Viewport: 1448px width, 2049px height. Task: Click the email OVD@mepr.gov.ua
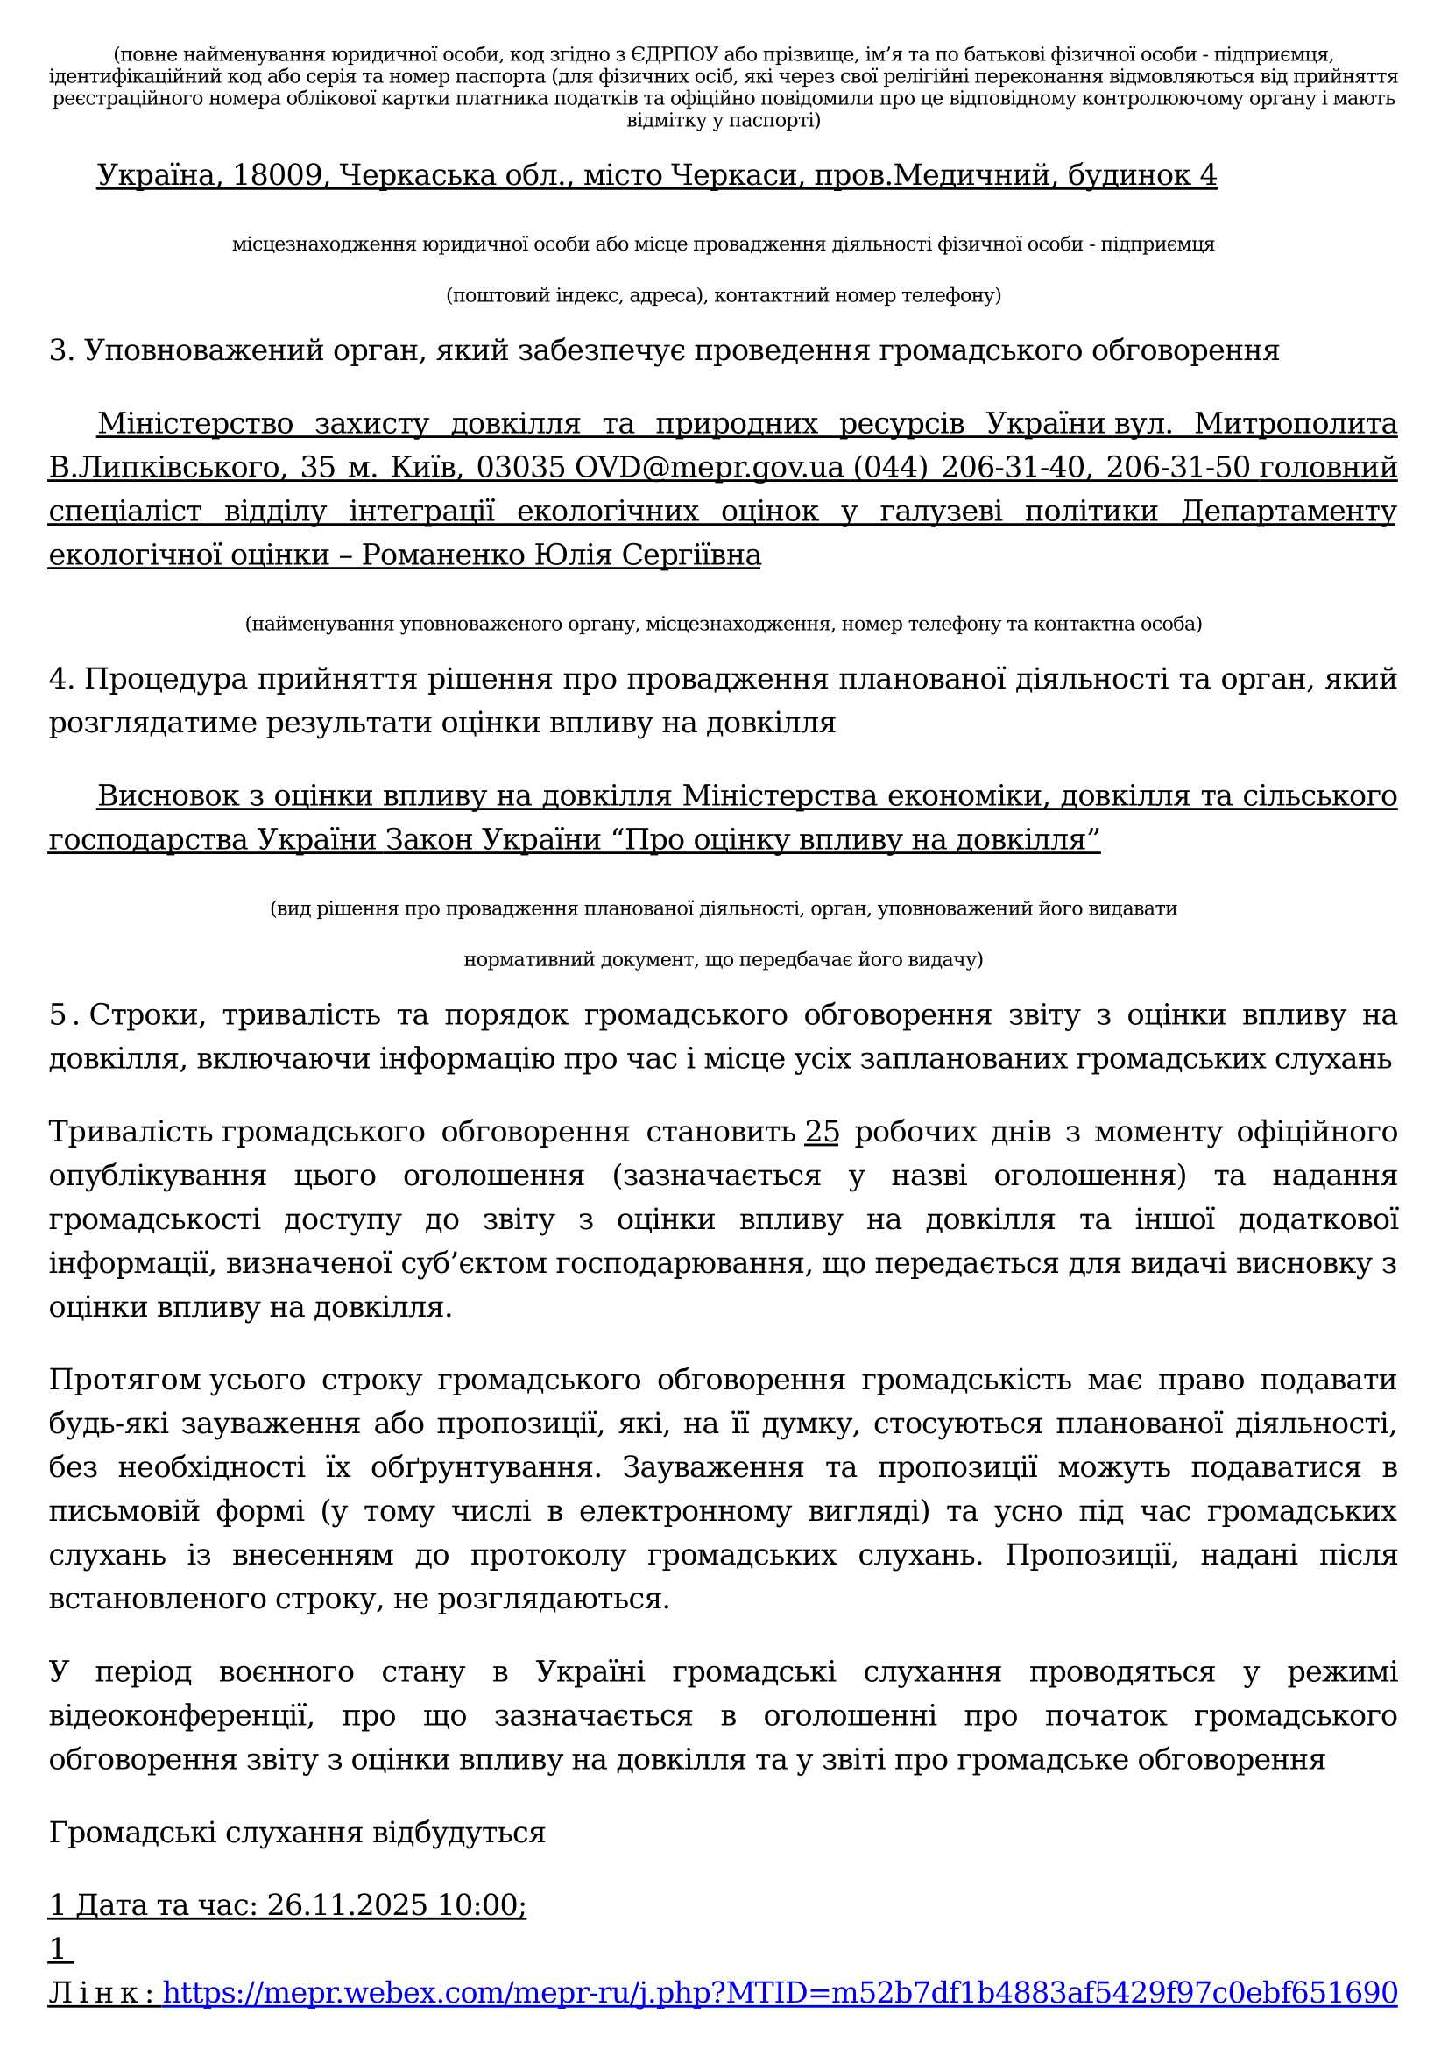tap(709, 467)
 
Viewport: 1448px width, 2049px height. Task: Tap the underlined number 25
tap(822, 1132)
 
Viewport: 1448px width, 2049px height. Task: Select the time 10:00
tap(481, 1904)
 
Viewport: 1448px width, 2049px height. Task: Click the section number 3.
tap(60, 350)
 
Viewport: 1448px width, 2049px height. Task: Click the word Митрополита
tap(1296, 423)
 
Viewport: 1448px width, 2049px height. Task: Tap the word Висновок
tap(167, 795)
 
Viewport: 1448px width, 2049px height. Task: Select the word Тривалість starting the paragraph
tap(131, 1132)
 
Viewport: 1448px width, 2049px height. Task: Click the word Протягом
tap(125, 1380)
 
